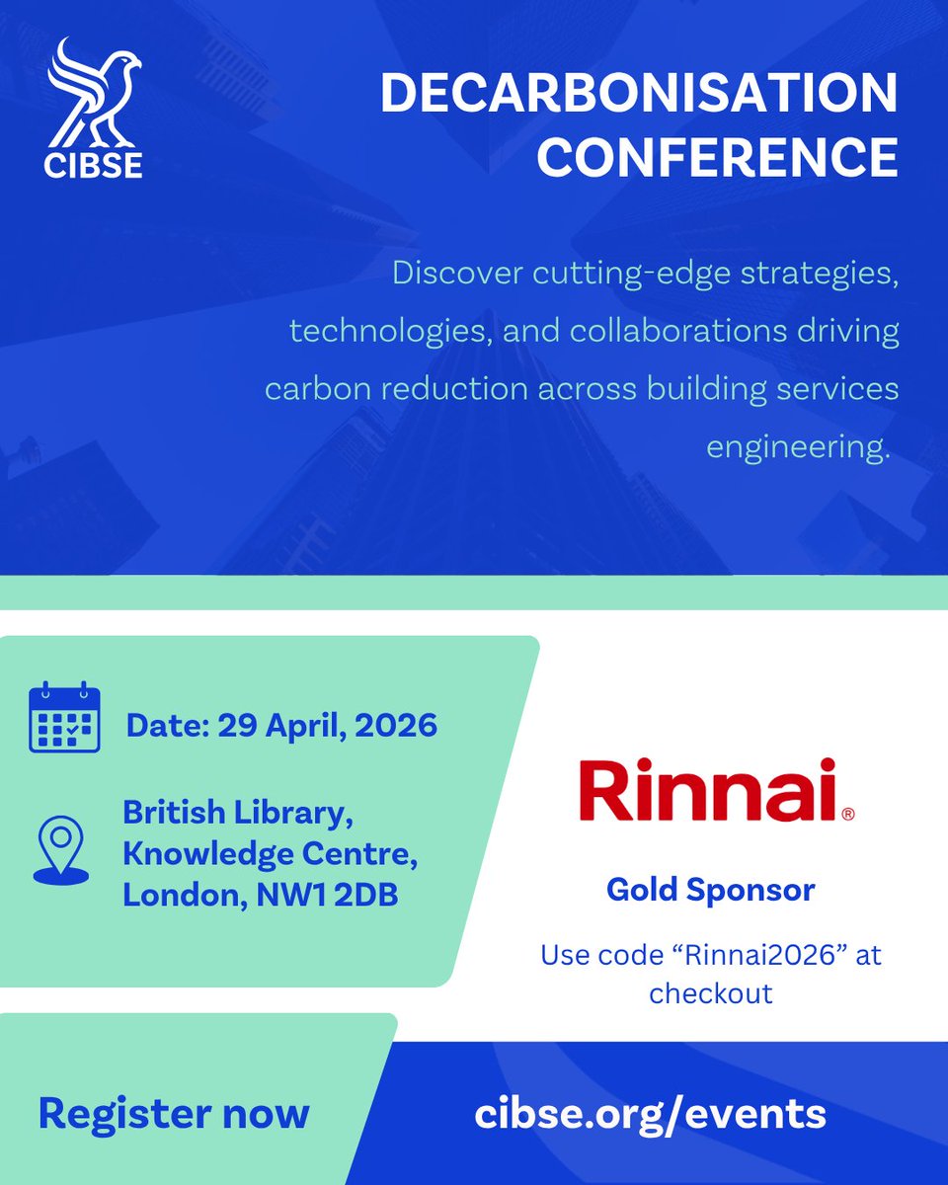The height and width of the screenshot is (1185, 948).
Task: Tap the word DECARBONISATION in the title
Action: tap(639, 94)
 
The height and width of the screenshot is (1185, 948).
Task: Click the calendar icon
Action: tap(64, 718)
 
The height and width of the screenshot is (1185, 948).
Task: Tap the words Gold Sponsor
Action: tap(710, 890)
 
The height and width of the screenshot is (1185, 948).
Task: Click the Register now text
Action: tap(174, 1113)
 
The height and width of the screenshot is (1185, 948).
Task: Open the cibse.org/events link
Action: tap(650, 1113)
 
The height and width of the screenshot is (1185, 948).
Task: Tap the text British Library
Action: tap(238, 815)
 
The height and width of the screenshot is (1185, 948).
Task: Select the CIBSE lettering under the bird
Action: tap(94, 164)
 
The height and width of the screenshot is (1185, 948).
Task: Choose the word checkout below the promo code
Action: tap(710, 992)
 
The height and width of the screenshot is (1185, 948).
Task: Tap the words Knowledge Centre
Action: tap(269, 855)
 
